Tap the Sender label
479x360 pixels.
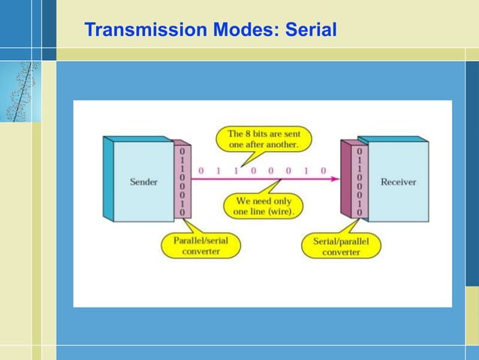tap(143, 182)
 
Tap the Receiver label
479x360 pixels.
tap(398, 182)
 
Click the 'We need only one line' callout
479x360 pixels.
tap(264, 206)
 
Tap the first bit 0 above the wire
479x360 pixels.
tap(200, 171)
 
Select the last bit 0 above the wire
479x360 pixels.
tap(324, 171)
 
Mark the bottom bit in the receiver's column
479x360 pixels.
tap(359, 213)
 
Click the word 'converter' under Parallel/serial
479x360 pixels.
tap(200, 252)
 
